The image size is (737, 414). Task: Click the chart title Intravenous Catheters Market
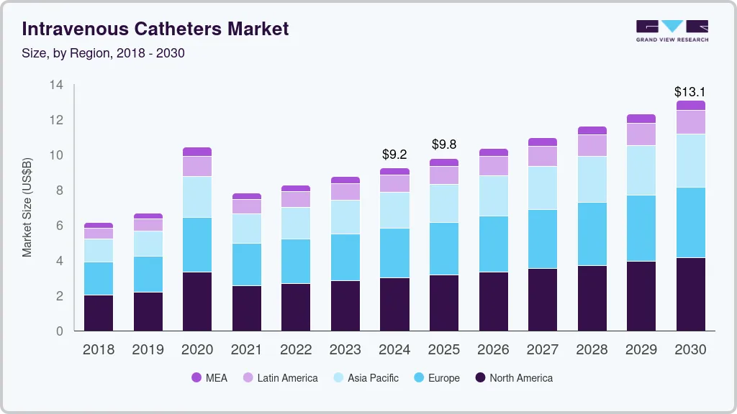pos(155,29)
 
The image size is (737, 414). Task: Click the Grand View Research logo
pos(672,31)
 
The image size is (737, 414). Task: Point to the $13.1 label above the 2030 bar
pos(689,92)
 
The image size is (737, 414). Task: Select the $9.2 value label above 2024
pos(394,155)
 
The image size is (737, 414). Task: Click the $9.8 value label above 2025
pos(444,144)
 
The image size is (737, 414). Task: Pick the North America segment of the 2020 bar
pos(197,301)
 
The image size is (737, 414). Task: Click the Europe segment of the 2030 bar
pos(690,222)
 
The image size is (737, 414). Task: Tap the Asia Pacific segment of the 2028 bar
pos(592,179)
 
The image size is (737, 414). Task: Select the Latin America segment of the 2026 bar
pos(493,166)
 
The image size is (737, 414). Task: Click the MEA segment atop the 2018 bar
pos(99,226)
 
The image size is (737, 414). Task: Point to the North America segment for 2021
pos(247,308)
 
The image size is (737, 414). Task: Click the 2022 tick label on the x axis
pos(296,350)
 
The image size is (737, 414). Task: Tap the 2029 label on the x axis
pos(641,350)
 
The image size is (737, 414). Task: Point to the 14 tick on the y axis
pos(57,85)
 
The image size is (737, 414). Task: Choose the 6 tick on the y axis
pos(60,226)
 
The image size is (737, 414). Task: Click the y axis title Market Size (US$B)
pos(27,208)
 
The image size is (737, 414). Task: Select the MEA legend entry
pos(209,378)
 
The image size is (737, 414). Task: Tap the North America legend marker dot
pos(481,378)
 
